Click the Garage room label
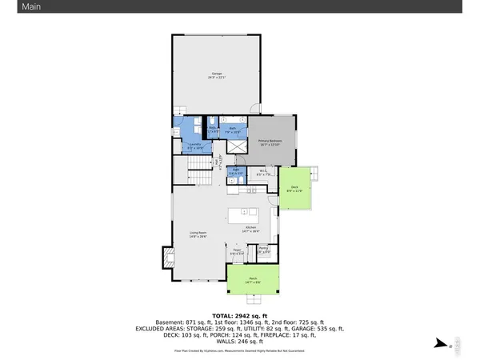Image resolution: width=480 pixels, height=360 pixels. point(214,76)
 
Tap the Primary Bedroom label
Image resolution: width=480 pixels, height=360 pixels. point(270,142)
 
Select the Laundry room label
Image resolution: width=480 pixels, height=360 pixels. point(195,146)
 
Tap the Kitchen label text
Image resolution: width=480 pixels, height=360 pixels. point(250,230)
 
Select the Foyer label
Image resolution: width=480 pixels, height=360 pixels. point(237,252)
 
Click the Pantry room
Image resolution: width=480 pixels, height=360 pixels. point(264,251)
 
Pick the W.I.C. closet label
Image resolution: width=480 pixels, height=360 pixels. point(262,171)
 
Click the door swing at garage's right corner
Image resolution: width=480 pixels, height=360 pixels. point(254,108)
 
